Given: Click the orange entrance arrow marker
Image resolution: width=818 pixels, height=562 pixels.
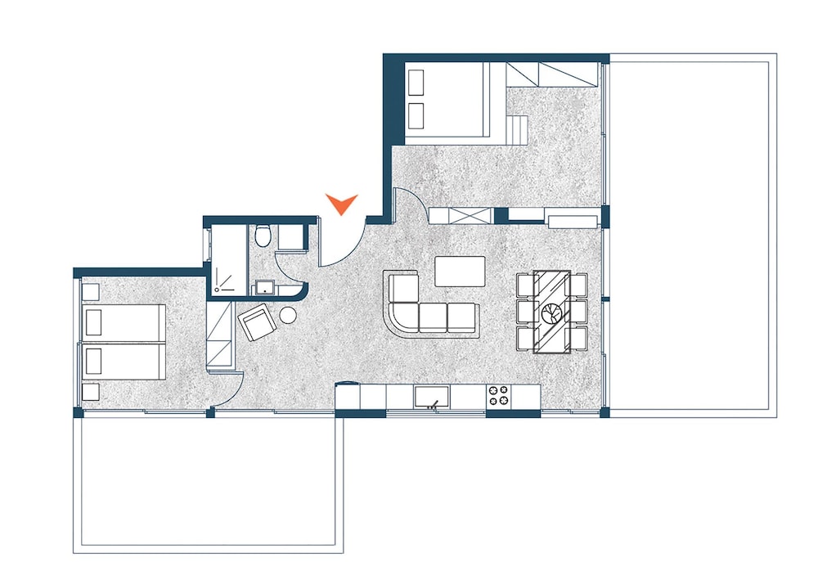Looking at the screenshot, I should [x=341, y=203].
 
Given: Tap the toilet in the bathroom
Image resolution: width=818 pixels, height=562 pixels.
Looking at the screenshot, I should [x=263, y=236].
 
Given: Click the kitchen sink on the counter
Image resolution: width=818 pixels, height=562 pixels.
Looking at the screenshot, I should [x=431, y=398].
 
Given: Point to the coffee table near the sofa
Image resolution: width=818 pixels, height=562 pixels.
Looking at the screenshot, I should [x=459, y=272].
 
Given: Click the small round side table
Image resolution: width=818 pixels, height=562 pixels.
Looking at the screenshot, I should [x=289, y=315].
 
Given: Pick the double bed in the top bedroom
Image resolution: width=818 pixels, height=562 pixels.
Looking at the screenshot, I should [x=447, y=98].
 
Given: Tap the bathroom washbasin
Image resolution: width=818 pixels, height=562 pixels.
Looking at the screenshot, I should [x=266, y=287].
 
